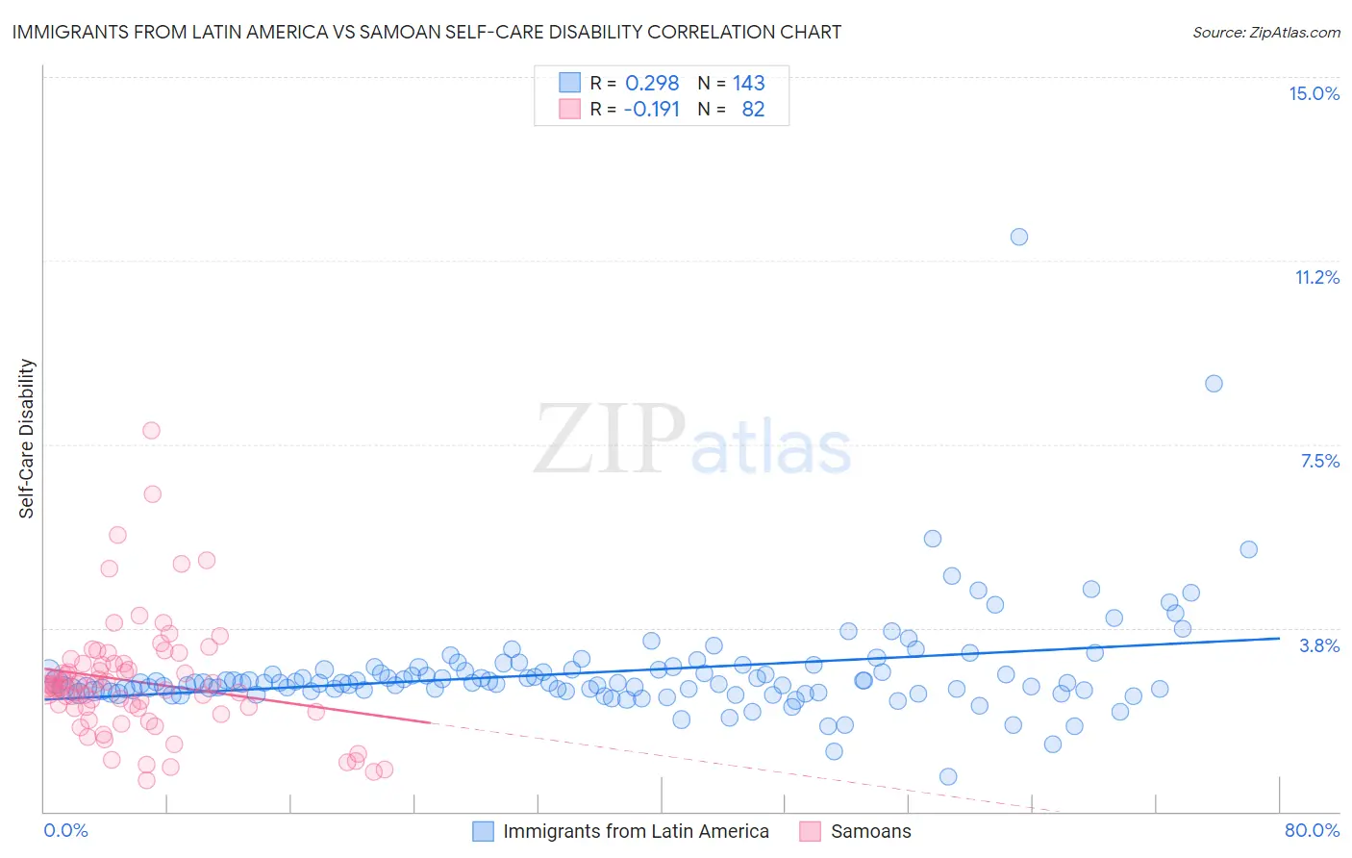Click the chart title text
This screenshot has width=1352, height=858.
(427, 32)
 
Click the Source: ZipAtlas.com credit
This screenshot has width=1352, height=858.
(1265, 32)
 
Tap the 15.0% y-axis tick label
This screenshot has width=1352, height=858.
(1314, 93)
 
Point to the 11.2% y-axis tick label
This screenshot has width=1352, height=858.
(1316, 277)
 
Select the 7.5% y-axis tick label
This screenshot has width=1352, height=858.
(1319, 461)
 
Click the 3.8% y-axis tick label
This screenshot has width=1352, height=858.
(1319, 645)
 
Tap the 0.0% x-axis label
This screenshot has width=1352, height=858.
(65, 830)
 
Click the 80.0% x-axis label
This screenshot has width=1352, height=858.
(1312, 830)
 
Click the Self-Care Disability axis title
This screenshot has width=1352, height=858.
(27, 439)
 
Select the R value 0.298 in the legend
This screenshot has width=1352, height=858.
(652, 83)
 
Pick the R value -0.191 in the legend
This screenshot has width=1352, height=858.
(651, 109)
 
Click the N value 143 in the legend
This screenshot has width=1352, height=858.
(748, 83)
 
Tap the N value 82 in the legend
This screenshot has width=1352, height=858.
(753, 109)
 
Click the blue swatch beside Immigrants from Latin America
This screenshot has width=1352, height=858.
(483, 831)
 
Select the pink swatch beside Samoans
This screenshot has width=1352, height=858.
(810, 831)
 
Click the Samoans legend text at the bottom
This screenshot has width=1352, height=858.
(870, 831)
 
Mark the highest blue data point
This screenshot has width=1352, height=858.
(1019, 237)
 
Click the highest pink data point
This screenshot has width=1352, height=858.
(151, 430)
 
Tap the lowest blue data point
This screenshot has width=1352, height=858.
(948, 776)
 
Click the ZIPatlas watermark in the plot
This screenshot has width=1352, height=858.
(692, 441)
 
